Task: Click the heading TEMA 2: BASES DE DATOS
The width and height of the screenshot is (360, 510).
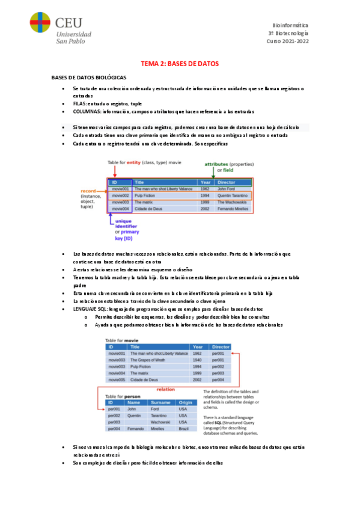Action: pyautogui.click(x=180, y=63)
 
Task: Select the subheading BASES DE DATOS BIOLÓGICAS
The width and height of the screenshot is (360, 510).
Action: pyautogui.click(x=88, y=78)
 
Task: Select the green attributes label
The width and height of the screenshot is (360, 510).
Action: pyautogui.click(x=220, y=164)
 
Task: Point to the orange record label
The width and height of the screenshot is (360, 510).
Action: pyautogui.click(x=88, y=191)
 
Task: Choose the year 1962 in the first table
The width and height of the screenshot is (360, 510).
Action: pyautogui.click(x=205, y=189)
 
